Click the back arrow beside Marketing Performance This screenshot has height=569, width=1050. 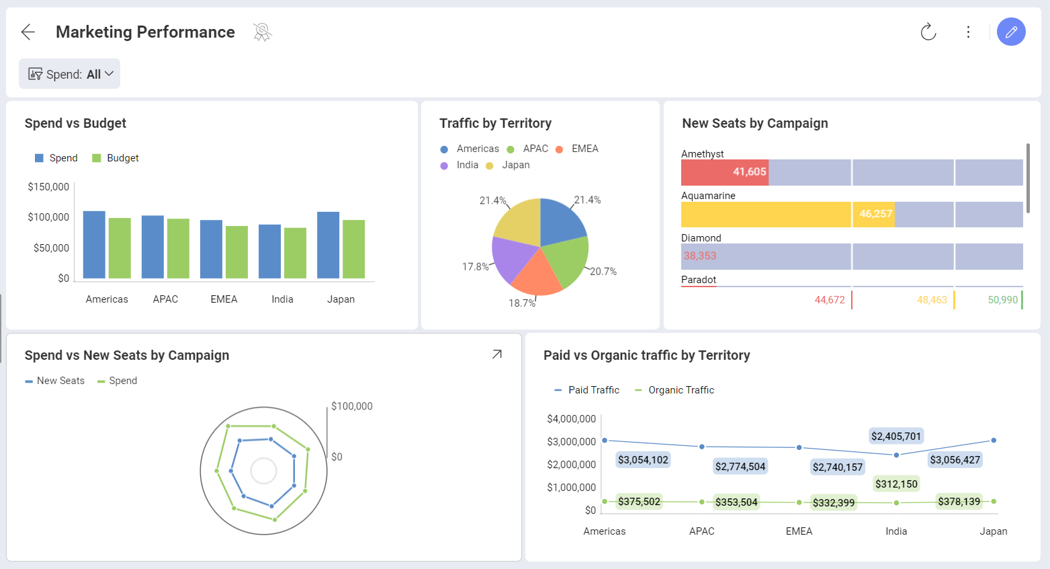coord(28,32)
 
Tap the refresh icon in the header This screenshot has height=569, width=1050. coord(928,32)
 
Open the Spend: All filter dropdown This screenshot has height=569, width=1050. coord(70,74)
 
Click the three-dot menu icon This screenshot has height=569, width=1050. coord(968,32)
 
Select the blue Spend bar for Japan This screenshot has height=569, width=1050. coord(328,245)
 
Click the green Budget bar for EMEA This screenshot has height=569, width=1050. coord(236,252)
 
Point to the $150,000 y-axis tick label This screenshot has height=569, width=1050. coord(48,187)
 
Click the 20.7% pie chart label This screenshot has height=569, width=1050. coord(603,272)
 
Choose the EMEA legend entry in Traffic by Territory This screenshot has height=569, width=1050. coord(584,149)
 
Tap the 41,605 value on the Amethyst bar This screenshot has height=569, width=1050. coord(749,172)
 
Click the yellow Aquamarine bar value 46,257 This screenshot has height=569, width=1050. coord(875,214)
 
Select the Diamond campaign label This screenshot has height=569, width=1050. coord(701,238)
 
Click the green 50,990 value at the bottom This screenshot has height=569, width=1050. coord(1002,300)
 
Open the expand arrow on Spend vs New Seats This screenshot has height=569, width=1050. coord(496,354)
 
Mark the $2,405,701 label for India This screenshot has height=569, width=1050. coord(895,436)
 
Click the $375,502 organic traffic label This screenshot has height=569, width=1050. coord(639,502)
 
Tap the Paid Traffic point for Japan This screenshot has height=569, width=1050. coord(994,441)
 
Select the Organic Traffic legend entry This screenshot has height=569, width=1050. coord(680,390)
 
